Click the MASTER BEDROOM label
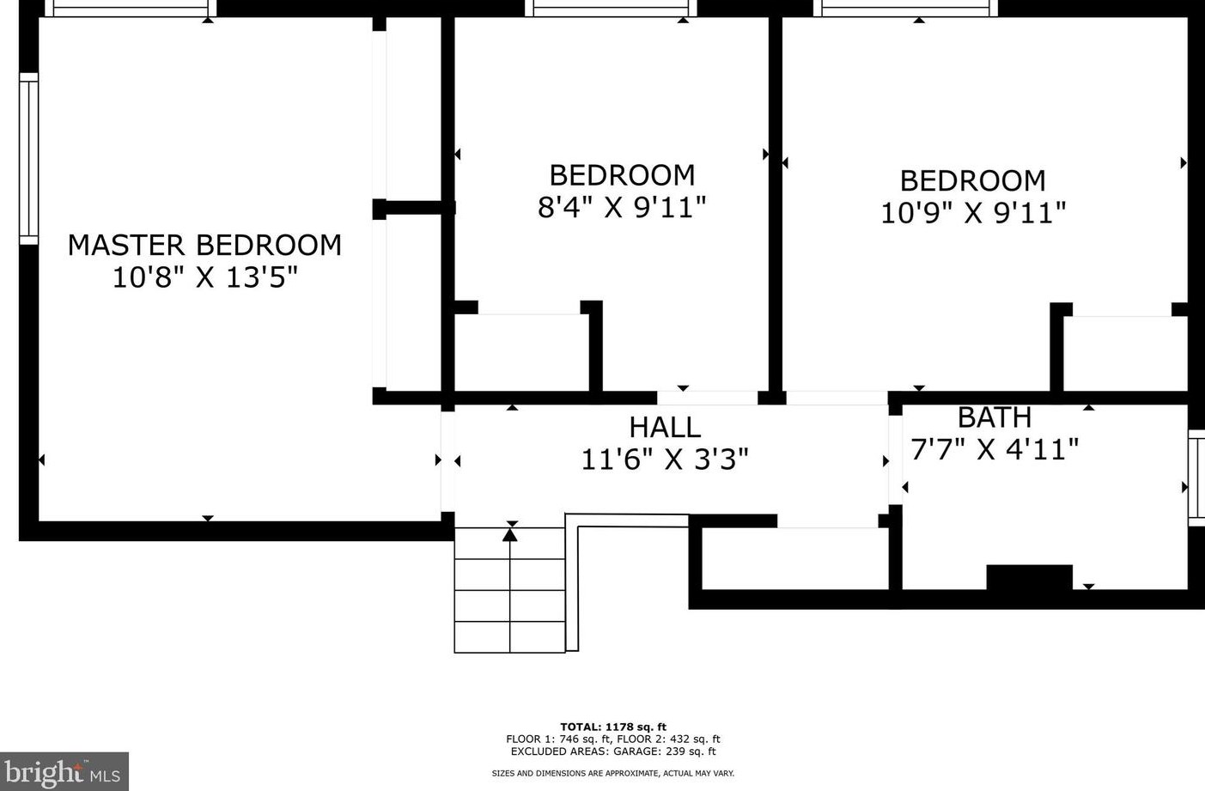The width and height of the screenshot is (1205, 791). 204,245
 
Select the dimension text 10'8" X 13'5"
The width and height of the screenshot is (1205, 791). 204,277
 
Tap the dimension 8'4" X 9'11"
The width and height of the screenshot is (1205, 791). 622,207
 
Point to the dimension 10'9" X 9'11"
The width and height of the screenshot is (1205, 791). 973,212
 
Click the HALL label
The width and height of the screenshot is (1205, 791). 665,427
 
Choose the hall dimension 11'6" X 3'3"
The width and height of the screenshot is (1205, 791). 665,459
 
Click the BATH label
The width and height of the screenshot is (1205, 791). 994,417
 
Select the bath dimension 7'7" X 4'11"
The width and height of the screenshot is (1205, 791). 995,448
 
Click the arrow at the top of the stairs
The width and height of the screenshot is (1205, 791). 510,535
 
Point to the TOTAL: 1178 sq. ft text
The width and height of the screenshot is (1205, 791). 613,727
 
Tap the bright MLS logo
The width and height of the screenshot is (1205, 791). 64,772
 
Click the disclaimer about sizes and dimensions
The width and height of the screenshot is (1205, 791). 613,773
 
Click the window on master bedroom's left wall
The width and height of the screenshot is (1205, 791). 29,159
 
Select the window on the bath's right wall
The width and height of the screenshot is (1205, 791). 1196,478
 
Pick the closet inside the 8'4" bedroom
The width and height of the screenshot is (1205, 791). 520,352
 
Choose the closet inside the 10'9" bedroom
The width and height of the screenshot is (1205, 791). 1125,353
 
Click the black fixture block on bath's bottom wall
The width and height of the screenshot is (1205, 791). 1029,576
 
